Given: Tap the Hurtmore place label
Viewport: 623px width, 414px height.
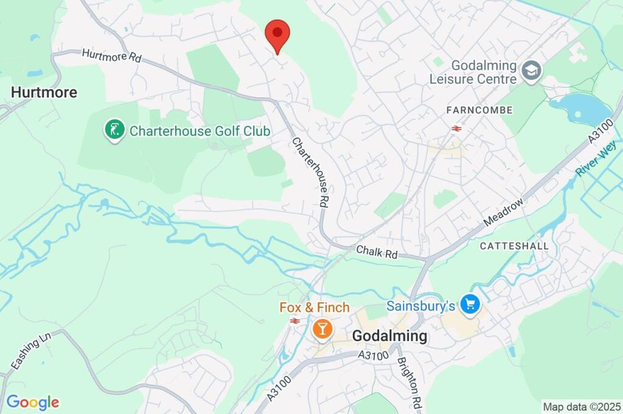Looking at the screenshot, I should coord(44,93).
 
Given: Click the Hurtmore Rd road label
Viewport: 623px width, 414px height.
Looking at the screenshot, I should coord(111,56).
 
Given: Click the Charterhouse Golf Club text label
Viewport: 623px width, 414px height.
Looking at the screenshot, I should coord(200,131).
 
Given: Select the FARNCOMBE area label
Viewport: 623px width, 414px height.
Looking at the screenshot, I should coord(479,110).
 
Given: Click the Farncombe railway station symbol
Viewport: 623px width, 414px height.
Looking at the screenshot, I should coord(456,128).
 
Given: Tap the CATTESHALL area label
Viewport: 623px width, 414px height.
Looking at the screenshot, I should coord(514,246).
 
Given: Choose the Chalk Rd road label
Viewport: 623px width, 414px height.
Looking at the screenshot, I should coord(377,251).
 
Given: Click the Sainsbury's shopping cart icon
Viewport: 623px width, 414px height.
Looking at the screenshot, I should coord(470,304).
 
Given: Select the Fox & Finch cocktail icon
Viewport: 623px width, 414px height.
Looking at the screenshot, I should coord(322,329).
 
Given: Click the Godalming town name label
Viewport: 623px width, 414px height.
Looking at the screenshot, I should coord(389,336).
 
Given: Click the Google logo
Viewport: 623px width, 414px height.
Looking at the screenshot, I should coord(33,402).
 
